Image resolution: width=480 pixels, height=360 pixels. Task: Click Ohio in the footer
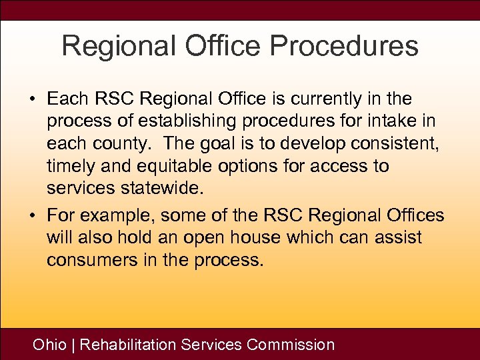pos(49,345)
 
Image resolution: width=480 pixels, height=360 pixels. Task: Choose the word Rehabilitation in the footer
pos(128,345)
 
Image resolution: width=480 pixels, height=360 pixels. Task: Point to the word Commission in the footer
pos(291,345)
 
